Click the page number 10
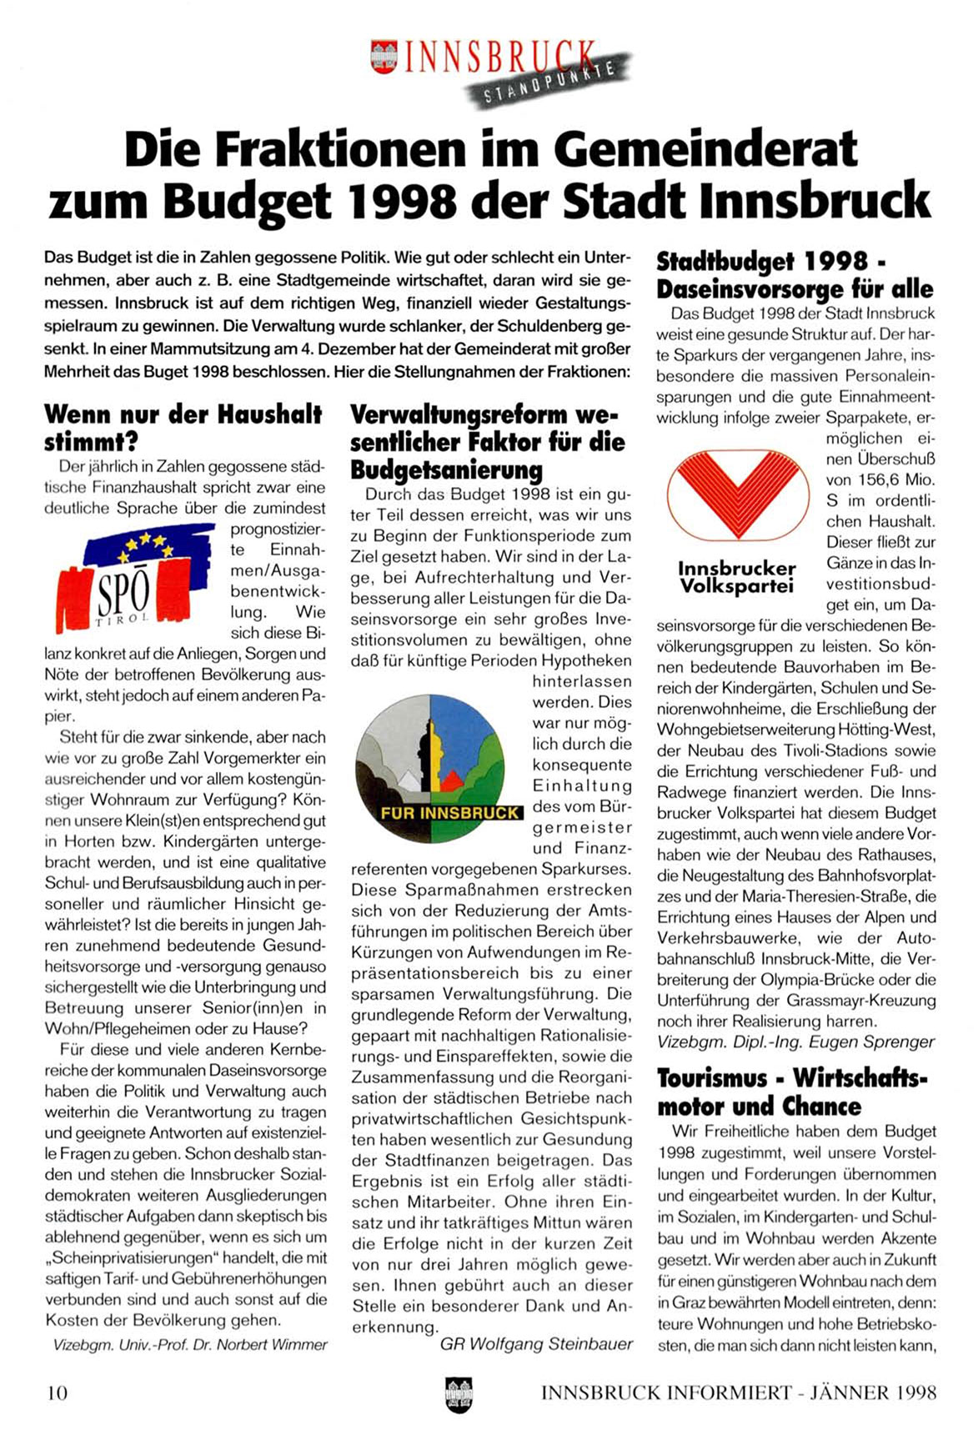58,1392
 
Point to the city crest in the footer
459,1392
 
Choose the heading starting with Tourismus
792,1092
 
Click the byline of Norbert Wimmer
190,1344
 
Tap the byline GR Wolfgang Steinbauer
536,1343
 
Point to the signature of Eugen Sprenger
795,1042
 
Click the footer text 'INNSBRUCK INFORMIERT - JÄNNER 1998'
739,1392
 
